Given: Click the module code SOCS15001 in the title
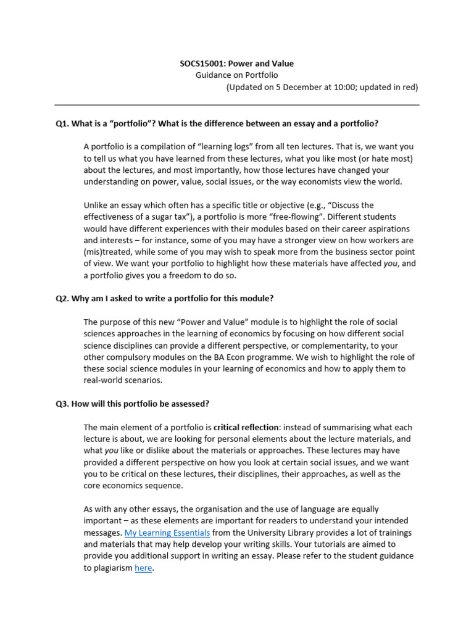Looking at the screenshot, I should pyautogui.click(x=201, y=64).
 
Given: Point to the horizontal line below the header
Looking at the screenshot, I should pyautogui.click(x=237, y=105).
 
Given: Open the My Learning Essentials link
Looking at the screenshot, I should pyautogui.click(x=167, y=533).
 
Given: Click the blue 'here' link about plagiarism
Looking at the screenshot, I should pyautogui.click(x=143, y=568).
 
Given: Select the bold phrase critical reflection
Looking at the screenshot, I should pyautogui.click(x=251, y=427).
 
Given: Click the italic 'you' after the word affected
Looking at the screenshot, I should pyautogui.click(x=385, y=264).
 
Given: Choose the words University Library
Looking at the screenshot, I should pyautogui.click(x=297, y=533).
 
